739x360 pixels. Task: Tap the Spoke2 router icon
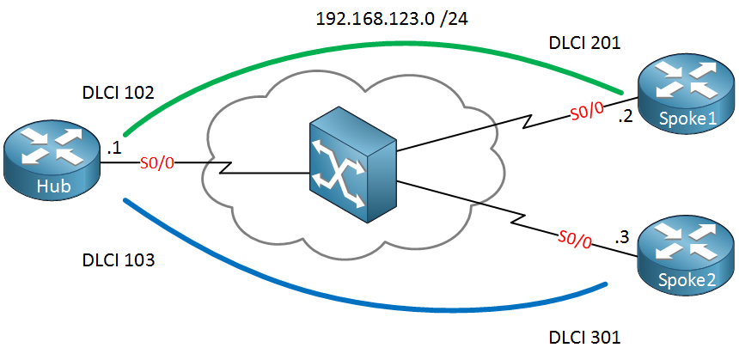[x=686, y=259]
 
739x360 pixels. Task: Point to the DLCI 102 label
[x=118, y=93]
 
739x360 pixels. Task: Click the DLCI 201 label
[x=585, y=43]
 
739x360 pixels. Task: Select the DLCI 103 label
[x=119, y=259]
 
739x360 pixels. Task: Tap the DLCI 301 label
[x=585, y=338]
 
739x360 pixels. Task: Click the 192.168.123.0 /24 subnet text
[x=392, y=19]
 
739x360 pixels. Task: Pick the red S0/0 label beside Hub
[x=157, y=163]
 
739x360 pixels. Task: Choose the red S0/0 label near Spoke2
[x=574, y=240]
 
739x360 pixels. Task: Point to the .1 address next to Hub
[x=114, y=149]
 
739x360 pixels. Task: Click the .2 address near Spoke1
[x=625, y=116]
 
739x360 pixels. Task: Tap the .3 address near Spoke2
[x=621, y=237]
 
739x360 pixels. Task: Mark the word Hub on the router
[x=54, y=186]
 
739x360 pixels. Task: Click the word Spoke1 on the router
[x=687, y=119]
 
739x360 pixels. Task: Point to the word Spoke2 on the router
[x=687, y=281]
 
